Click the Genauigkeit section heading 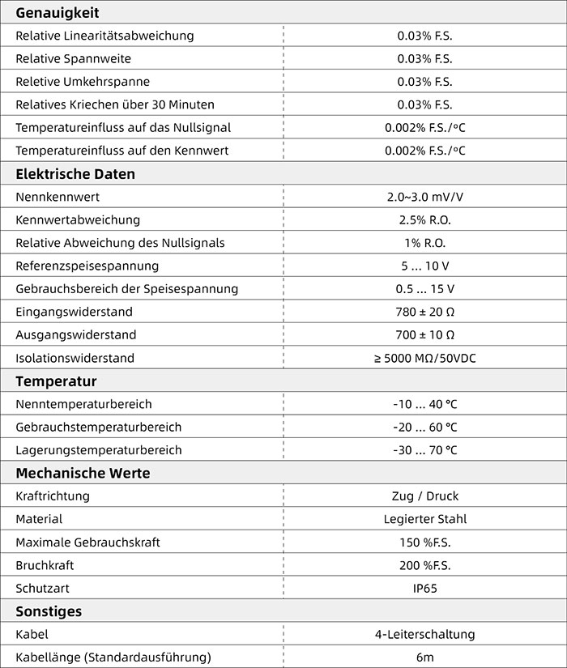58,12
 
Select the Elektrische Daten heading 75,174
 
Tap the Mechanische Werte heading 83,473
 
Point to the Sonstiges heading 49,611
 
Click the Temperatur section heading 56,381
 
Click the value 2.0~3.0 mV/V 424,197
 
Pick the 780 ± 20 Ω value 424,312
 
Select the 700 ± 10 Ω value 424,334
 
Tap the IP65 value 424,588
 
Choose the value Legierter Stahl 424,519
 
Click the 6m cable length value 424,657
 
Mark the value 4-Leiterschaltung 424,634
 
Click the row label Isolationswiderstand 75,358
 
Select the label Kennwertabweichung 78,219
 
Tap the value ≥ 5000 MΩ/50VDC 424,358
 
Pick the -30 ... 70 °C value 424,450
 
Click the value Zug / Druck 424,496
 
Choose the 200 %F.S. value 424,565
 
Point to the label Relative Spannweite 73,59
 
